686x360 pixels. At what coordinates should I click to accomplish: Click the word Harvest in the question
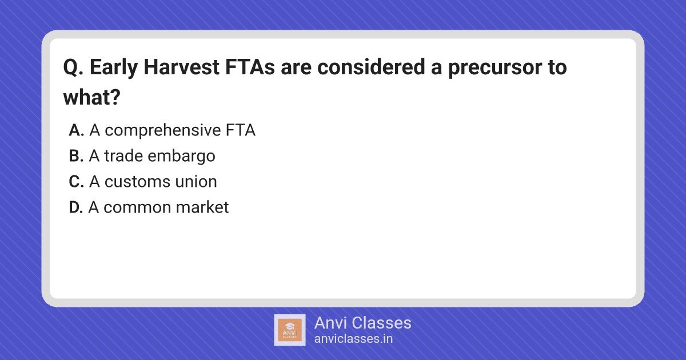[181, 67]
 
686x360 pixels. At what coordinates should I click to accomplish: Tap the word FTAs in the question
[250, 67]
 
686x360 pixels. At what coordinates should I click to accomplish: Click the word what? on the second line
[92, 97]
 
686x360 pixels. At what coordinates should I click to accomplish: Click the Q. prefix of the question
[73, 67]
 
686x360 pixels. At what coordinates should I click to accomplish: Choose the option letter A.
[76, 130]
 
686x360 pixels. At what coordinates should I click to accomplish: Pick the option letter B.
[76, 156]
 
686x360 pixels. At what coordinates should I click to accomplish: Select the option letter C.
[76, 182]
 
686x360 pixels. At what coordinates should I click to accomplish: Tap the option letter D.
[76, 207]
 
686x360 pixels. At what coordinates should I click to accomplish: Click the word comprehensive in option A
[162, 131]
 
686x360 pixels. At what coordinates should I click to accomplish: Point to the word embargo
[182, 157]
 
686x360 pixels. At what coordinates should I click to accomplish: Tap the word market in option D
[202, 207]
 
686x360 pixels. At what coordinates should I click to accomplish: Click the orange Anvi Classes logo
[290, 330]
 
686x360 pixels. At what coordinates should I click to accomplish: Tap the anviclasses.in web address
[353, 339]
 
